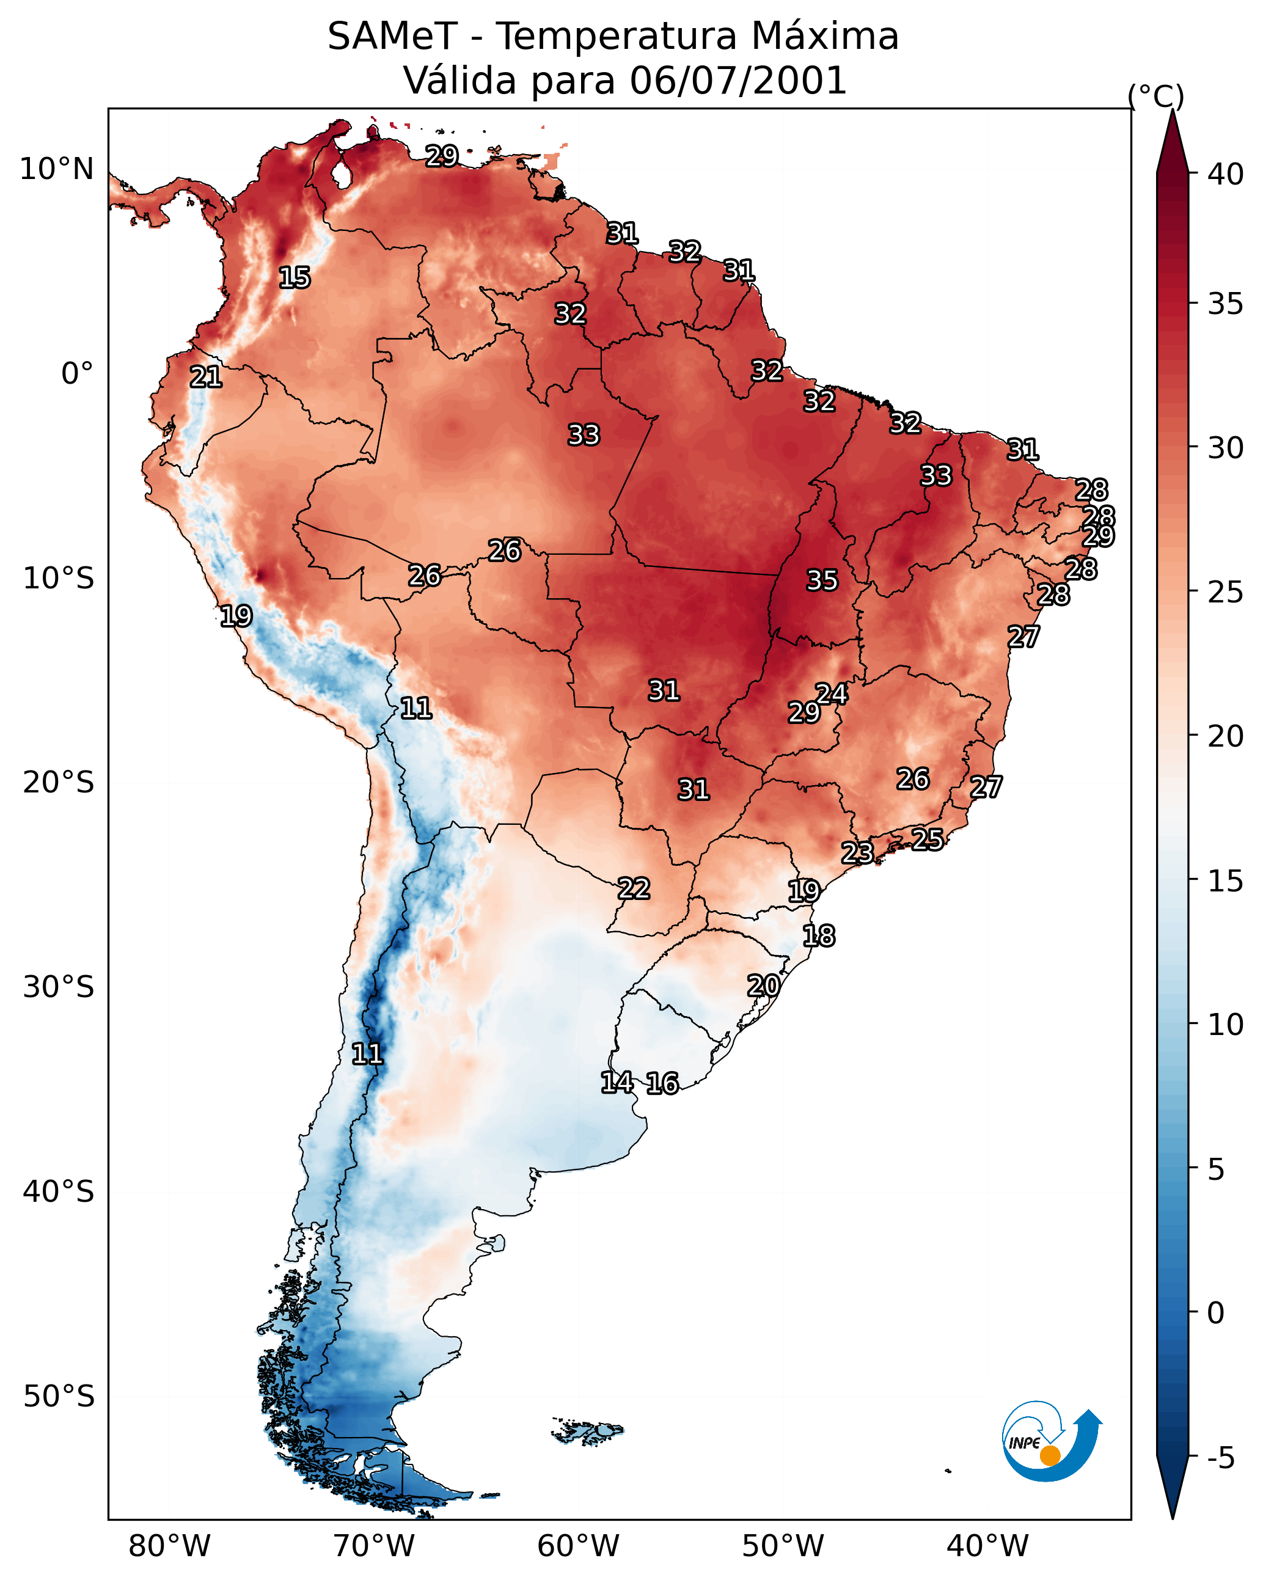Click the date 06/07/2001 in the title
point(738,81)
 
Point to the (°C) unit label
point(1156,96)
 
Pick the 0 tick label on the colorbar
point(1216,1313)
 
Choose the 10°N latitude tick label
point(56,169)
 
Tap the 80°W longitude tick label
point(169,1546)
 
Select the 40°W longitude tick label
point(987,1546)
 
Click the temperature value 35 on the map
point(822,580)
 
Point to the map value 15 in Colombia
point(295,278)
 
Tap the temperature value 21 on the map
point(206,378)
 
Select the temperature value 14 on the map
point(617,1083)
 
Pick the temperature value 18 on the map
point(819,936)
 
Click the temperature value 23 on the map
point(857,852)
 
